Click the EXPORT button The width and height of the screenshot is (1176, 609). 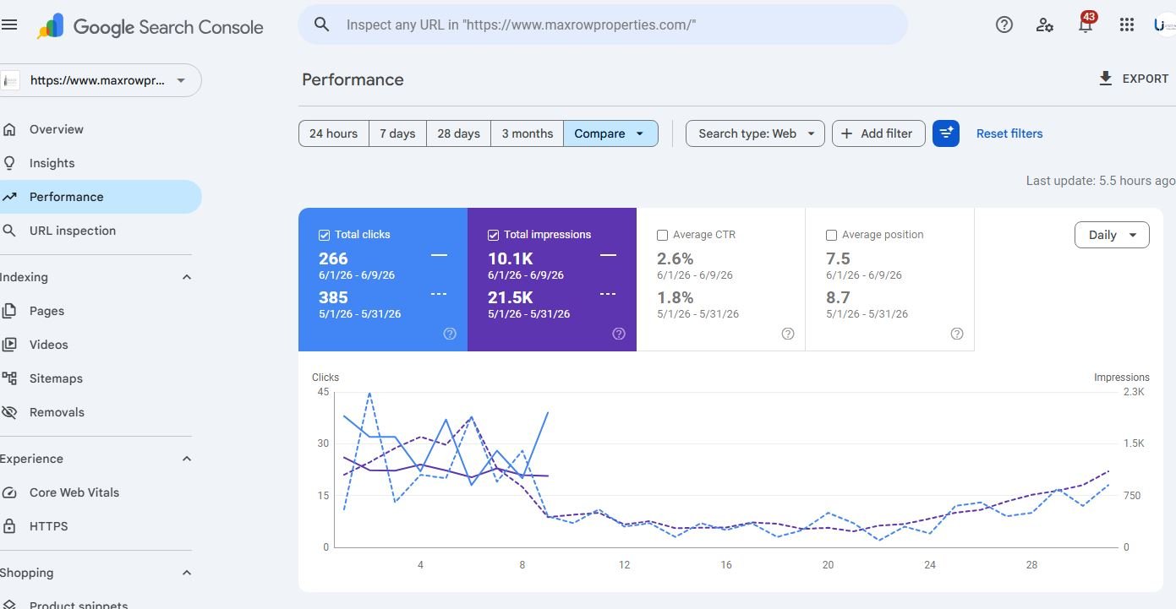[1134, 79]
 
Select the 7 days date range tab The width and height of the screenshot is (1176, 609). [397, 133]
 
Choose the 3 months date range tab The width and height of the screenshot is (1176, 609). [527, 133]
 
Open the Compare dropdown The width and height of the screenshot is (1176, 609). [610, 133]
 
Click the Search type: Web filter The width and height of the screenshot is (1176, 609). [755, 133]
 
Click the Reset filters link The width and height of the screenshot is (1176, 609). [1009, 133]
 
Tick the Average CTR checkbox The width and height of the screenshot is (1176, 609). [663, 235]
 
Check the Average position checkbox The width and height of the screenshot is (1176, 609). [832, 235]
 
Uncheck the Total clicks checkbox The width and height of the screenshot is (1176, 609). [325, 235]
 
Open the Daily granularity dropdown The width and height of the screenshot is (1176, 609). [1112, 235]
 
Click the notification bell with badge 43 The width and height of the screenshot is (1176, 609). [1086, 24]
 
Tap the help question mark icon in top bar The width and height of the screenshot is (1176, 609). [1004, 24]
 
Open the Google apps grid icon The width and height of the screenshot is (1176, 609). [1127, 24]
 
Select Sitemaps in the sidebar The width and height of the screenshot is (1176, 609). [56, 378]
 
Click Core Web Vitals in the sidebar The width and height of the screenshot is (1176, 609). [74, 492]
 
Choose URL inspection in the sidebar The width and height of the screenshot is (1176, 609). [73, 231]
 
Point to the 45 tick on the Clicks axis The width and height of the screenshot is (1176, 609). [324, 392]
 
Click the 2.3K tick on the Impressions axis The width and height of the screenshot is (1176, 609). [1134, 392]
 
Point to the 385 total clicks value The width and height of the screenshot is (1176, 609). [333, 297]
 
